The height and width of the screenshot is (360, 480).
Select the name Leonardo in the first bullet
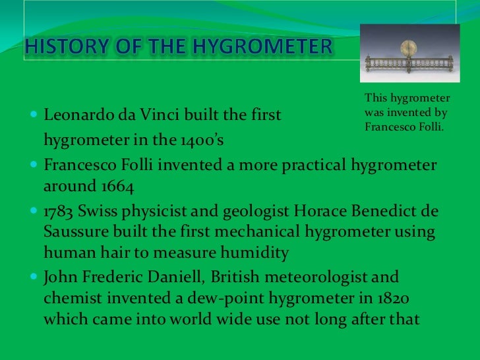coord(73,117)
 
